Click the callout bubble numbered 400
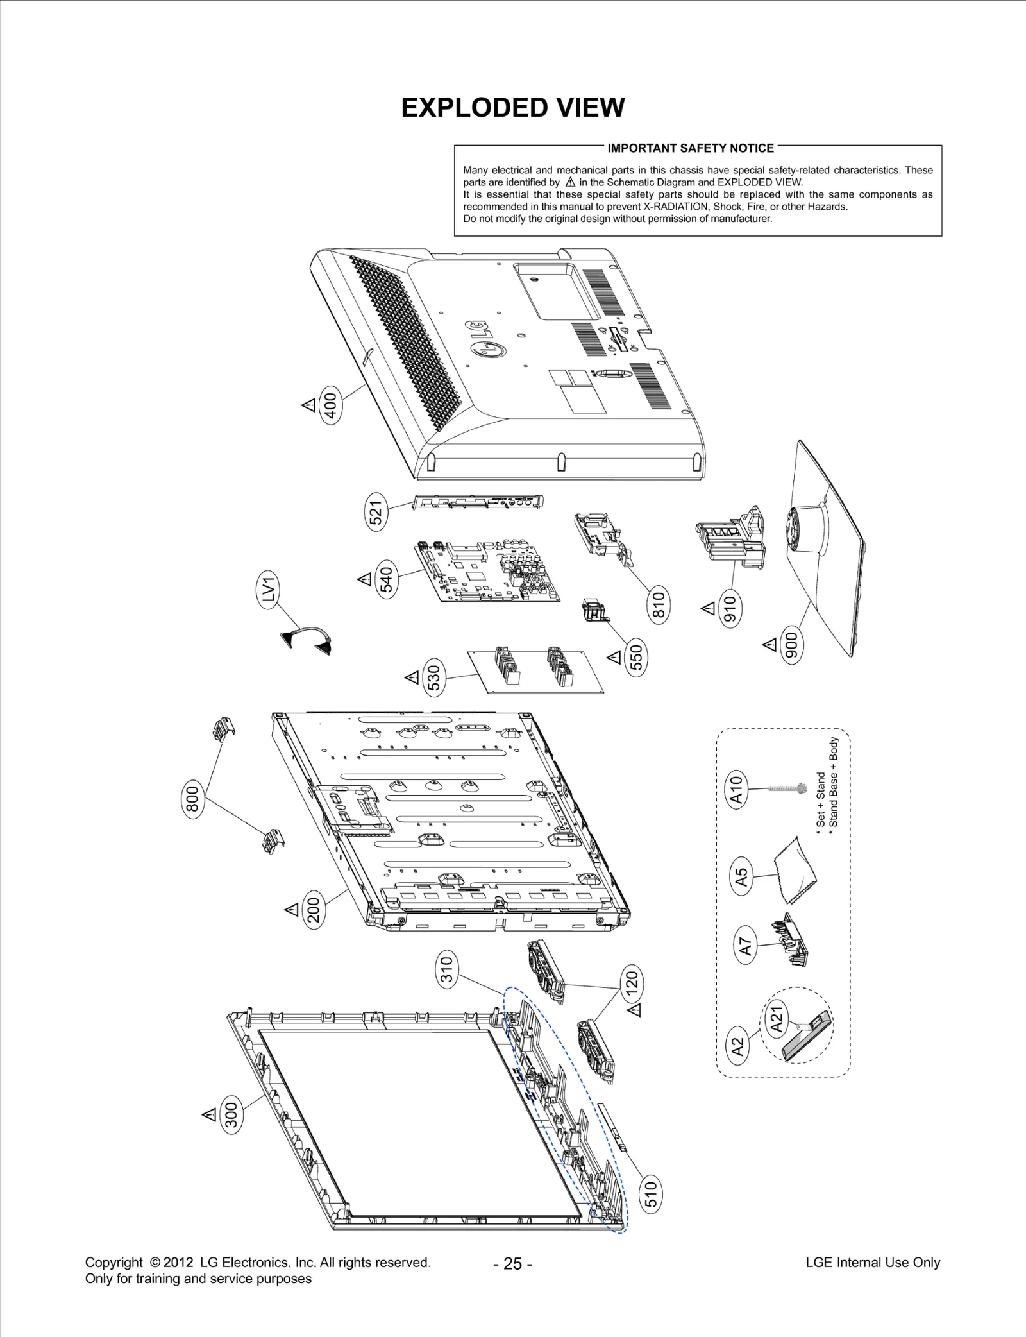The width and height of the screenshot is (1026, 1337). pyautogui.click(x=331, y=405)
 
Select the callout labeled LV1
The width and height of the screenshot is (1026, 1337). pyautogui.click(x=269, y=590)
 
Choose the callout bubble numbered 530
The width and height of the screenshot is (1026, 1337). pyautogui.click(x=435, y=679)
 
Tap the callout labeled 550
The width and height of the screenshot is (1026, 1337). pyautogui.click(x=636, y=657)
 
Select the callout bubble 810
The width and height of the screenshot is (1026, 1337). pyautogui.click(x=659, y=604)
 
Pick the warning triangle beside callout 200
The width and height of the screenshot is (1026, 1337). pyautogui.click(x=292, y=909)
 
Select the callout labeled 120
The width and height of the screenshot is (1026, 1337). pyautogui.click(x=632, y=983)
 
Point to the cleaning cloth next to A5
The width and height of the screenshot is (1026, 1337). pyautogui.click(x=795, y=865)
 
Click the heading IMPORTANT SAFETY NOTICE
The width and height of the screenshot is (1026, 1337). pyautogui.click(x=691, y=148)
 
